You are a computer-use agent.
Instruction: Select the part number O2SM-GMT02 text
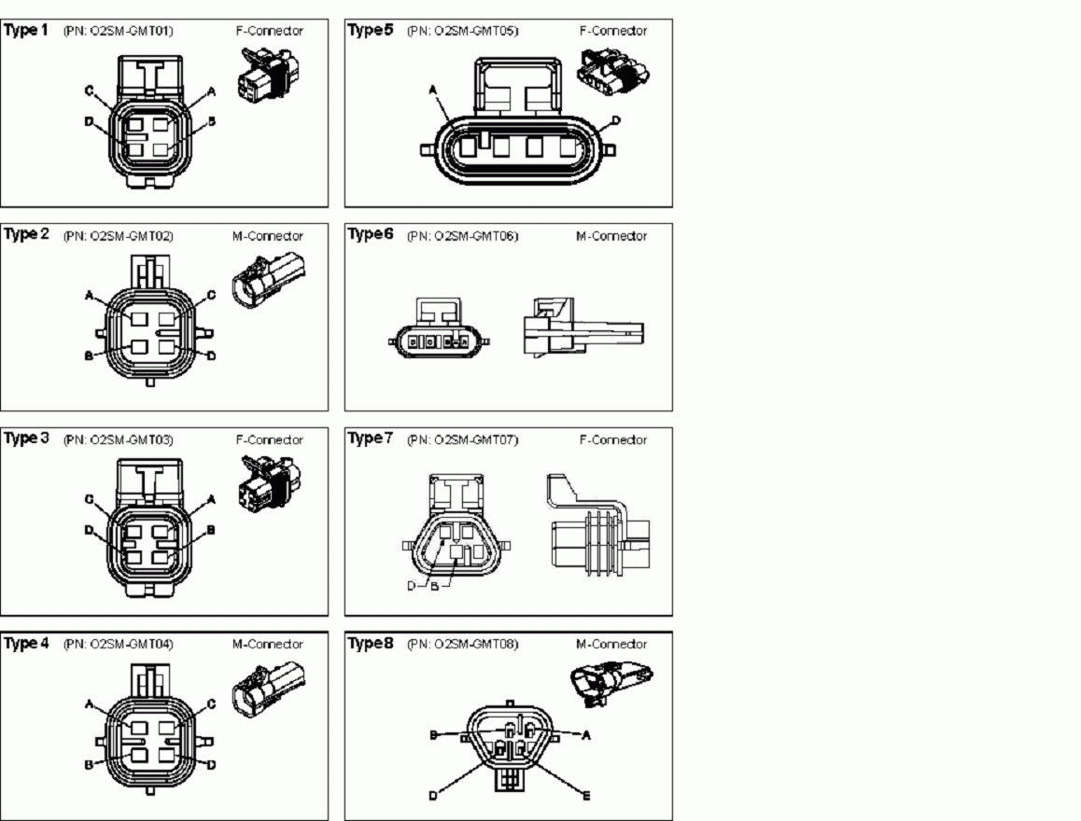pyautogui.click(x=119, y=236)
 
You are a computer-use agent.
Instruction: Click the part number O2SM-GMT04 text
pyautogui.click(x=119, y=645)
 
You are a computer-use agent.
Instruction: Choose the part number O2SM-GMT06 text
pyautogui.click(x=462, y=236)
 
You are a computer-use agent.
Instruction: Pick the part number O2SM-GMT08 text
pyautogui.click(x=462, y=645)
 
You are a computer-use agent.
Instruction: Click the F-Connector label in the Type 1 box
pyautogui.click(x=269, y=31)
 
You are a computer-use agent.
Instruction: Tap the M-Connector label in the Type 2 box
pyautogui.click(x=267, y=236)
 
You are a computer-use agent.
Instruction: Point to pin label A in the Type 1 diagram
pyautogui.click(x=212, y=91)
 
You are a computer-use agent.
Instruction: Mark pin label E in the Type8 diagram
pyautogui.click(x=585, y=796)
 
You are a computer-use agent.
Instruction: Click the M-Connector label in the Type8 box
pyautogui.click(x=611, y=645)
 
